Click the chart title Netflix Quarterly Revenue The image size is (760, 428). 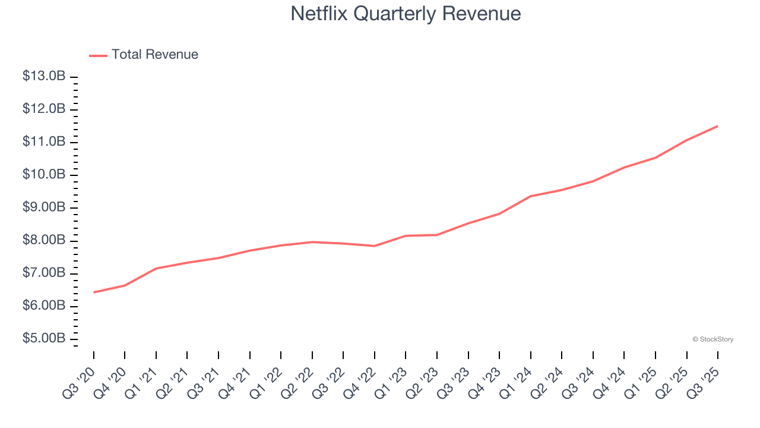coord(406,13)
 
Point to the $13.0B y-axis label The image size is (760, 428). coord(44,77)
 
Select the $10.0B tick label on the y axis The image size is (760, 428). coord(44,175)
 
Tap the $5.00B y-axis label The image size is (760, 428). coord(44,339)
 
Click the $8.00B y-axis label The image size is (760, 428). coord(44,241)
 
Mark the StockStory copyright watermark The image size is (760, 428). coord(712,339)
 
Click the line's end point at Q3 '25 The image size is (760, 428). coord(717,126)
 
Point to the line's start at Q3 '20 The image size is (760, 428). coord(94,292)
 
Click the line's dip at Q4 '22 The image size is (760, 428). coord(375,246)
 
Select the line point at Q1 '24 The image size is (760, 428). coord(530,196)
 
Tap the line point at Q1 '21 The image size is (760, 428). coord(156,269)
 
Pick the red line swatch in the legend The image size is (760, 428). coord(98,55)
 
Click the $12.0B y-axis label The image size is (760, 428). coord(44,109)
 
